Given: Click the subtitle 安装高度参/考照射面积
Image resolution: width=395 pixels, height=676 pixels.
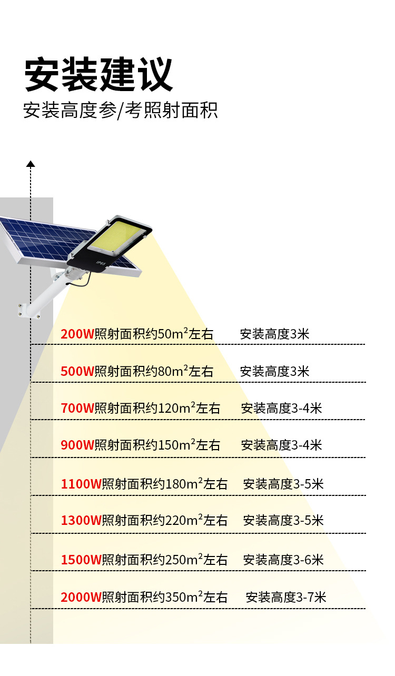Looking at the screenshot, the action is click(120, 111).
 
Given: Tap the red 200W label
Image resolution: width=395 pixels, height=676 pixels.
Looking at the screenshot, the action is click(77, 334).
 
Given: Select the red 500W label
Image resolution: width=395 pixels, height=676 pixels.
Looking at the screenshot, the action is click(77, 371).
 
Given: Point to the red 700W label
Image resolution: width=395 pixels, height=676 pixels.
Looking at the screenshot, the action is click(77, 408).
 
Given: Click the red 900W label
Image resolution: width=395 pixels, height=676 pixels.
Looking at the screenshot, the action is click(77, 445).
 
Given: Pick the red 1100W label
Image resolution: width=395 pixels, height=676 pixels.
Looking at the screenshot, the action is click(81, 484).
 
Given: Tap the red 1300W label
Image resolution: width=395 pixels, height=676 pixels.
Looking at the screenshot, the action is click(81, 521).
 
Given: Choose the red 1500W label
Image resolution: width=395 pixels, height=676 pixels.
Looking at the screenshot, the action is click(81, 560).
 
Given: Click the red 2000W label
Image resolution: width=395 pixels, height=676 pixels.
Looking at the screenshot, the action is click(81, 598).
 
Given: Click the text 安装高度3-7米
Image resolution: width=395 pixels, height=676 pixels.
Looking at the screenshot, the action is click(286, 597).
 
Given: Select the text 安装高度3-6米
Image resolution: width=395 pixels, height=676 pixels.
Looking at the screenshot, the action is click(283, 559).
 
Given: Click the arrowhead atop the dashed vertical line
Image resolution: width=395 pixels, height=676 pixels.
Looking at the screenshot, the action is click(31, 164).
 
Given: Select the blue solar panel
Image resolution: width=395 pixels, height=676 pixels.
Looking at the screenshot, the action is click(42, 237).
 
